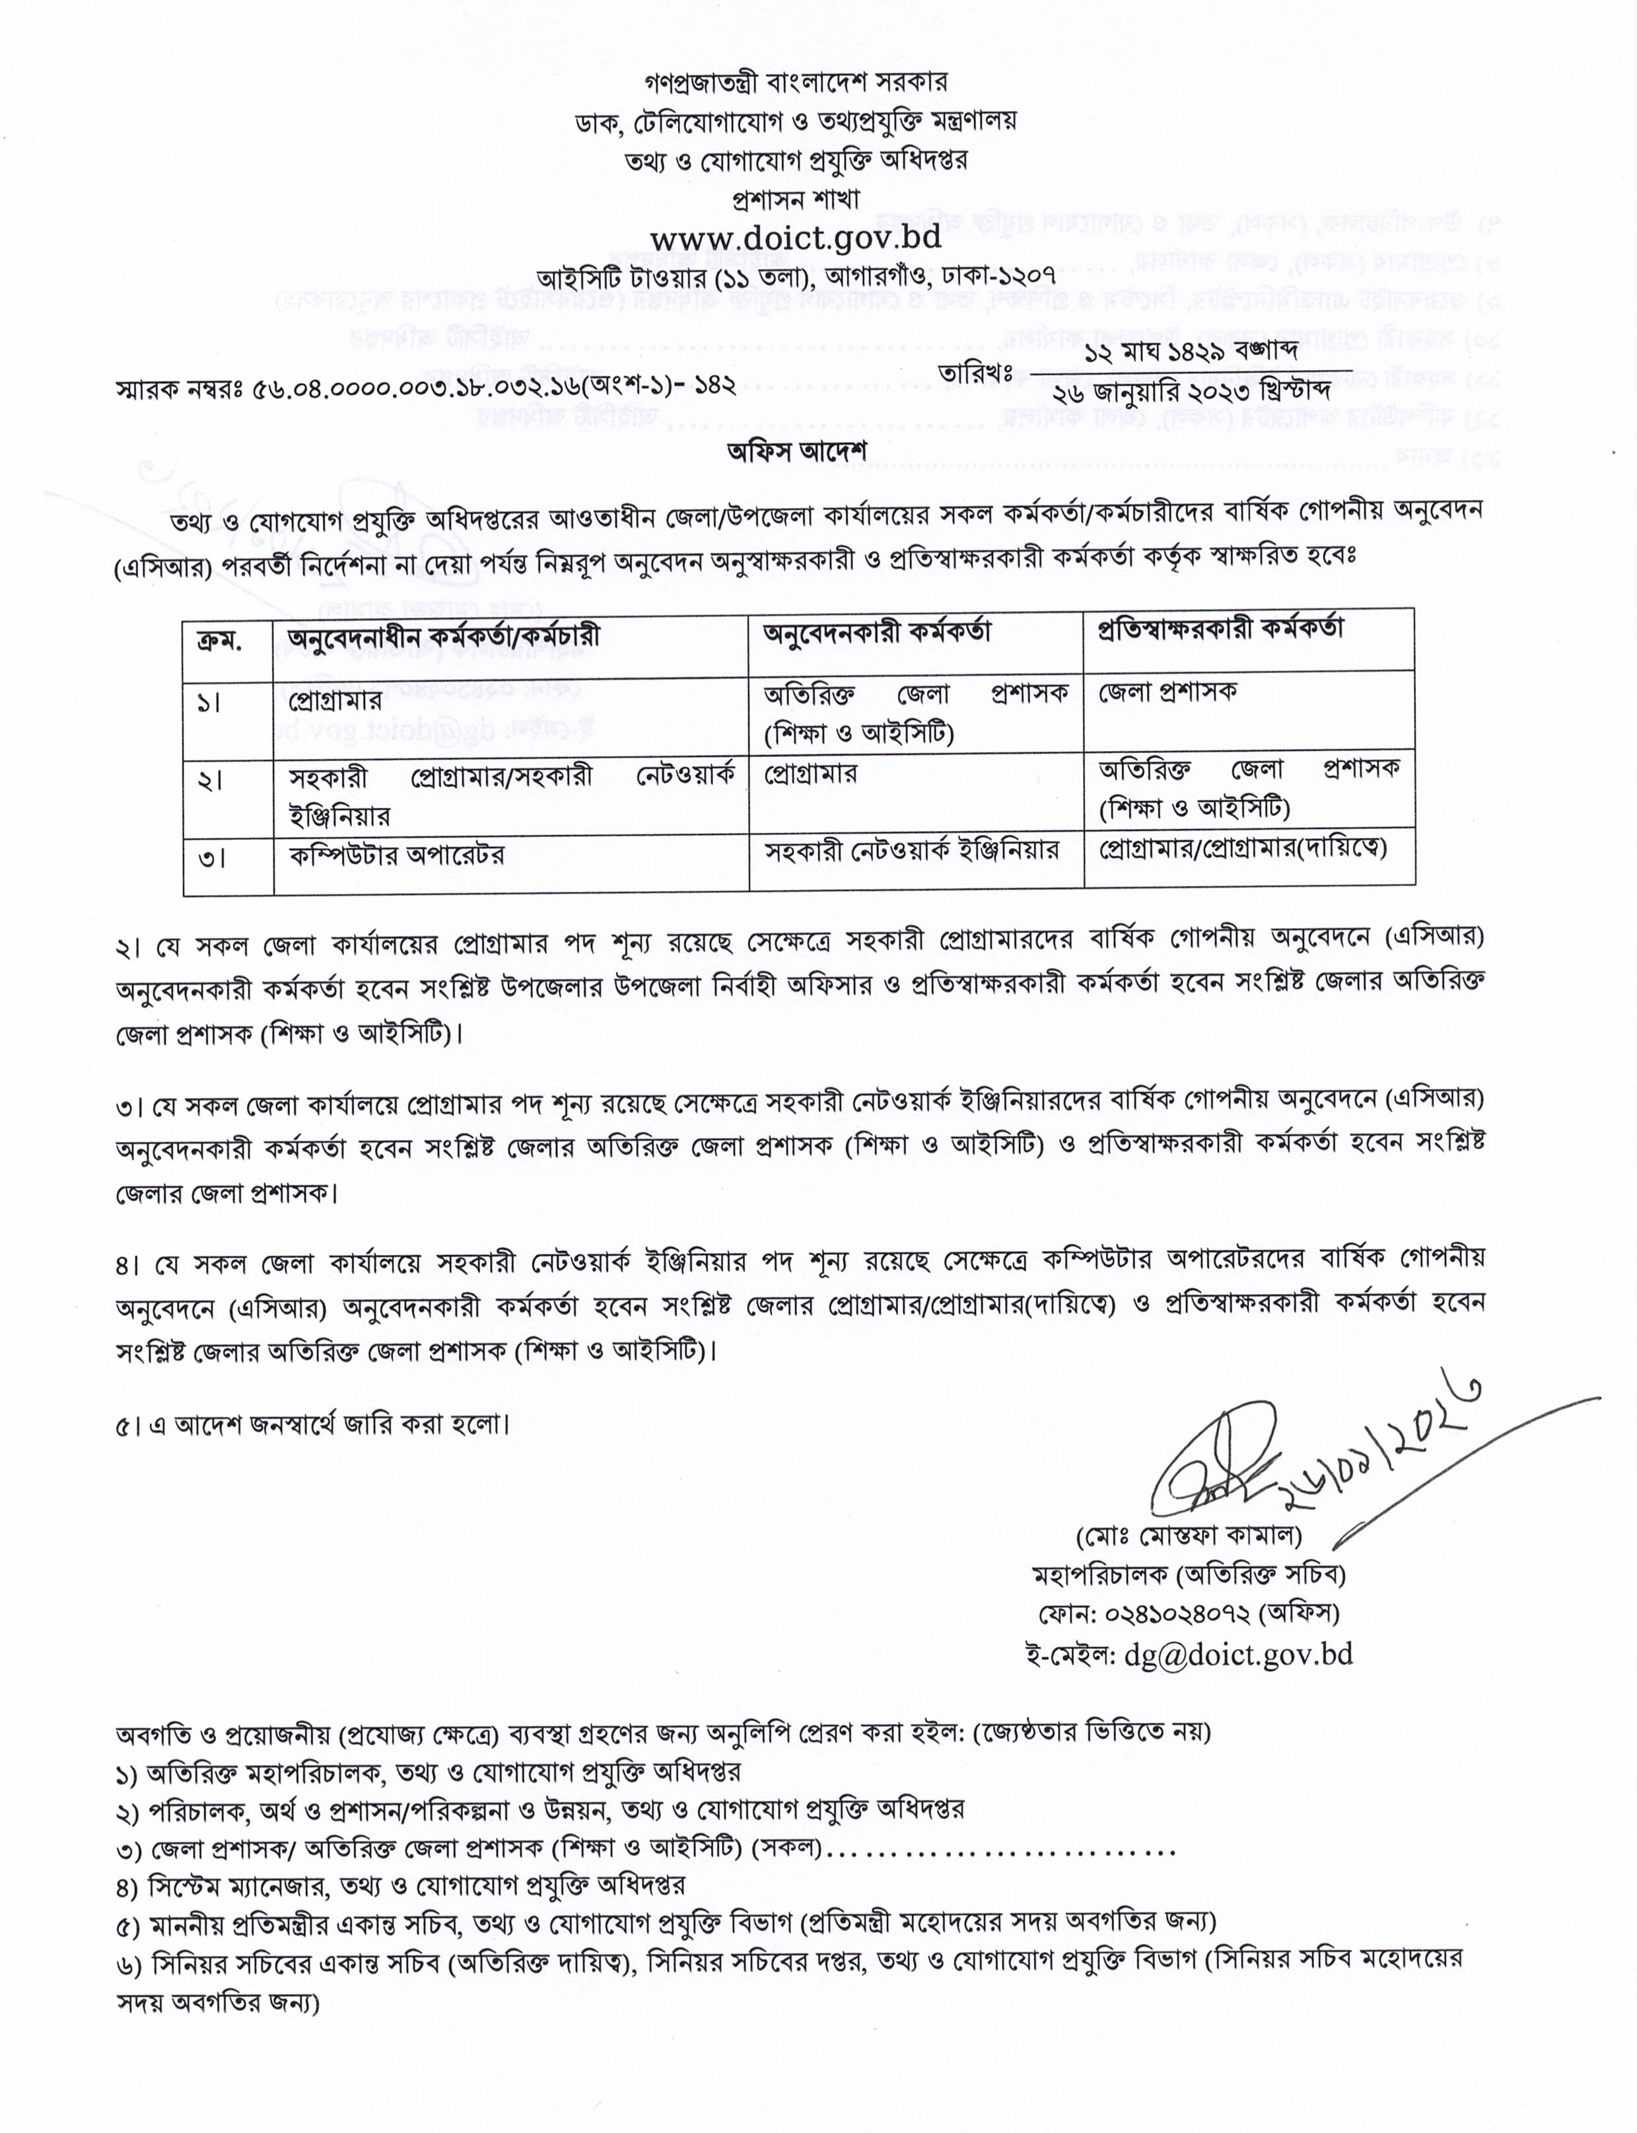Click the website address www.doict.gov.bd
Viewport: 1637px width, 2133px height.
pyautogui.click(x=796, y=238)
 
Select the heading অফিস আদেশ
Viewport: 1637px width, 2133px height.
pyautogui.click(x=796, y=451)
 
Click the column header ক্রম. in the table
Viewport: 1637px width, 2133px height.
pyautogui.click(x=220, y=639)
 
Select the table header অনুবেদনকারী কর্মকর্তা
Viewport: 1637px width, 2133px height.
pyautogui.click(x=877, y=633)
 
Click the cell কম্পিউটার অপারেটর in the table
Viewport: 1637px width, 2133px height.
pyautogui.click(x=397, y=856)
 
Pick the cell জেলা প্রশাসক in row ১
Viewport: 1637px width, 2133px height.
pyautogui.click(x=1168, y=692)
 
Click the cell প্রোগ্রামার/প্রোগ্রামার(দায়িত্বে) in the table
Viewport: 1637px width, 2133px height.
pyautogui.click(x=1242, y=846)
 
